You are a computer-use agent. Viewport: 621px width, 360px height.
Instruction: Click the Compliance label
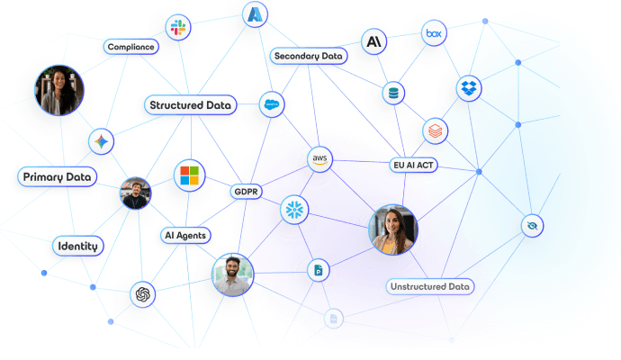point(131,47)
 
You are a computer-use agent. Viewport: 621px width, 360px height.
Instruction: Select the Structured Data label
point(190,105)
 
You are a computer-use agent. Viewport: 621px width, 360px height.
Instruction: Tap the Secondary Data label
point(308,56)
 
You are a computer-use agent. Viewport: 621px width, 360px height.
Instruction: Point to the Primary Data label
point(57,177)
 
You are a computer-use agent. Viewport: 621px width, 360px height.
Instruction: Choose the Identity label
point(76,246)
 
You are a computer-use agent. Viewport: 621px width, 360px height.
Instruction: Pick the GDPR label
point(246,192)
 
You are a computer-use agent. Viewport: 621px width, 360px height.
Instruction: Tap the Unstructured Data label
point(430,287)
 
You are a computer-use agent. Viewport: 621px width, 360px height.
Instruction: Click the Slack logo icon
point(175,28)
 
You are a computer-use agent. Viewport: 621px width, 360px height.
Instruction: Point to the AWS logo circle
point(319,159)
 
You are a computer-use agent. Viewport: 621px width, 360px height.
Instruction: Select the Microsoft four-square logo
point(190,174)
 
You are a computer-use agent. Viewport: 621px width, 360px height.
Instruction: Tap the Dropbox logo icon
point(468,88)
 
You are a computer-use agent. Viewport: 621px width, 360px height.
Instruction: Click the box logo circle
point(435,34)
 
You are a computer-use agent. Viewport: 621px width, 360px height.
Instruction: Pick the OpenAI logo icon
point(143,294)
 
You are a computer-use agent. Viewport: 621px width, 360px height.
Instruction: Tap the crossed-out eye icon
point(532,225)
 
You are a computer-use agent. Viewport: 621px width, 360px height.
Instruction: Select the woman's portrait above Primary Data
point(60,89)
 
